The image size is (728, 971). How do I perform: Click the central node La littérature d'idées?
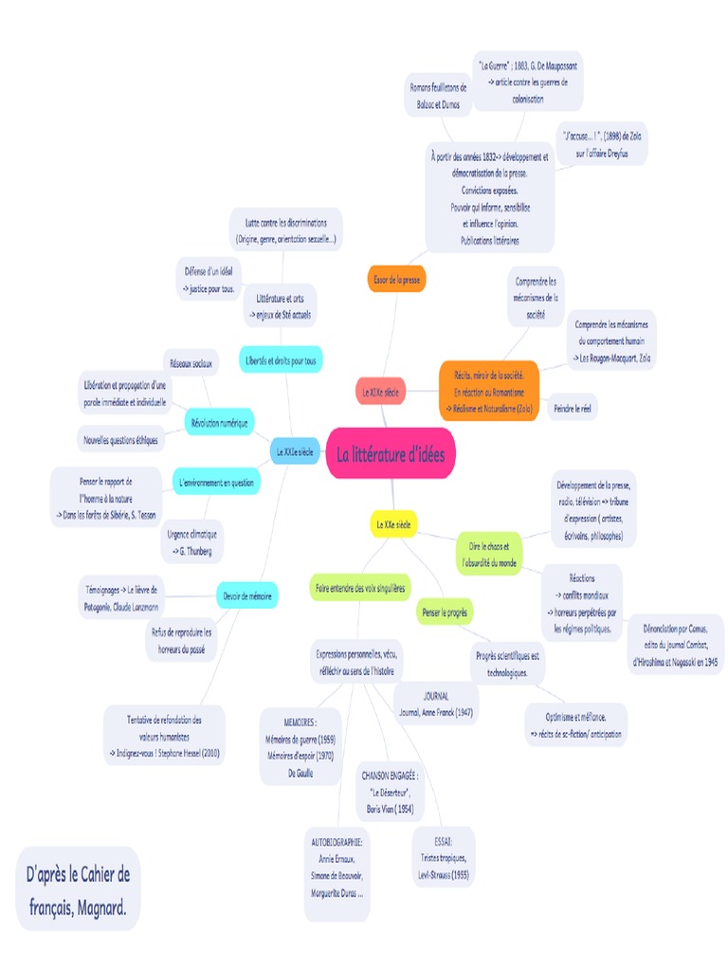(x=391, y=454)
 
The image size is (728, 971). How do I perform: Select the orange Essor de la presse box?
(x=396, y=280)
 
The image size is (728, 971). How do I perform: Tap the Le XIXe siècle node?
(x=380, y=390)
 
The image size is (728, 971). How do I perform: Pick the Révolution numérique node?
(x=219, y=423)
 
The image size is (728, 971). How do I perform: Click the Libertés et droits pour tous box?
(x=282, y=360)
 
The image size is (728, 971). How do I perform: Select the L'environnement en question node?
(x=216, y=483)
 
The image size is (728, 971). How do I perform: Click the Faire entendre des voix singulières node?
(x=360, y=588)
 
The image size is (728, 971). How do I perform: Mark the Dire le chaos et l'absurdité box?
(x=489, y=554)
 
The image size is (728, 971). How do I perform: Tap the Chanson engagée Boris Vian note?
(x=390, y=791)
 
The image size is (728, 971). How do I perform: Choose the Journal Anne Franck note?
(x=436, y=704)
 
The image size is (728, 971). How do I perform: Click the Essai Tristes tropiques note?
(x=444, y=856)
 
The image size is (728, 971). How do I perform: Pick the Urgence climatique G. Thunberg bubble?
(x=191, y=541)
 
